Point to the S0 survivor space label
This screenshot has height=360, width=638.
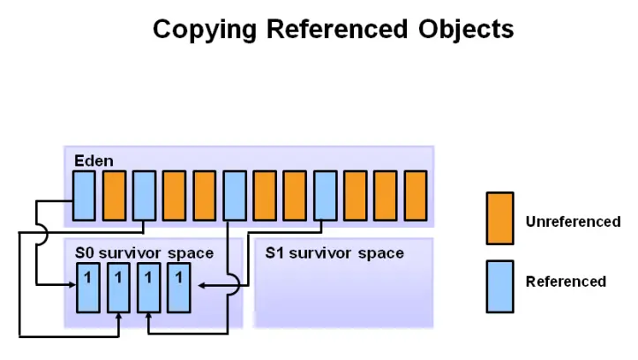[145, 253]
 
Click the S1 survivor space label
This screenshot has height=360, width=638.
[334, 253]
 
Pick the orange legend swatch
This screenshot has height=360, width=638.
[500, 220]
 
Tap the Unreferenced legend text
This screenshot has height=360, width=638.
[573, 221]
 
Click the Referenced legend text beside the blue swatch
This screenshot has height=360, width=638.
[566, 282]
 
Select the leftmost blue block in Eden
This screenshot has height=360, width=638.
[84, 194]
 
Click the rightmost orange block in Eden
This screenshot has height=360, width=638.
[415, 194]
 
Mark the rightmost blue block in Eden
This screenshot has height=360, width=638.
[325, 194]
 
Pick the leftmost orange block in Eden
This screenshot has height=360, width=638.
[114, 194]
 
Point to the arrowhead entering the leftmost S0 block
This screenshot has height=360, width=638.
[71, 284]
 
